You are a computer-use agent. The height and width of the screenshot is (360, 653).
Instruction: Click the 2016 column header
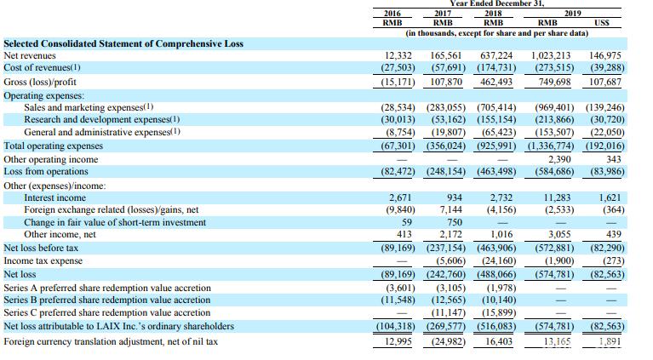pos(392,14)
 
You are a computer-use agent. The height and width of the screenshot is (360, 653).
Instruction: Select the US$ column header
pos(603,24)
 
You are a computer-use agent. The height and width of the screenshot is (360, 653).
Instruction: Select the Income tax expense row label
pos(43,261)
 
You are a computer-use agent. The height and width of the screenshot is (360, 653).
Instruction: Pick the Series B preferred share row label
pos(107,300)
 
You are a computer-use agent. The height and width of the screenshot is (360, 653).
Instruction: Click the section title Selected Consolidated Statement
pos(123,43)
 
